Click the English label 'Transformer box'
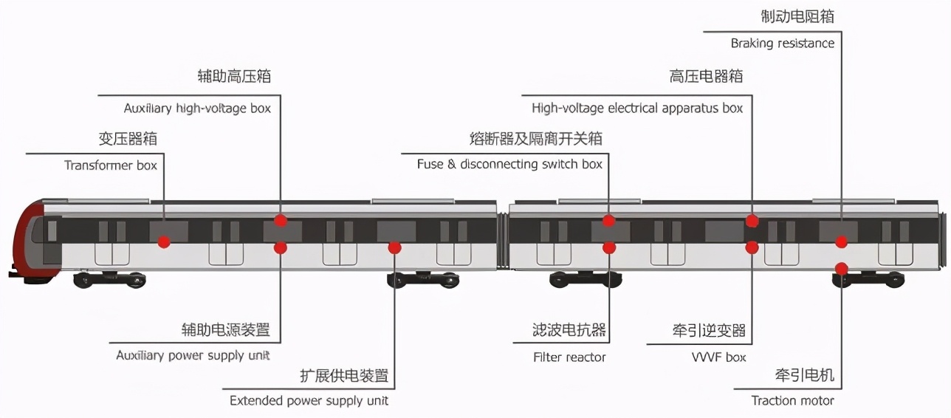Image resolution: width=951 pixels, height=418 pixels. pos(111,165)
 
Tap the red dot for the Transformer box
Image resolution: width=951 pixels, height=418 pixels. pos(164,241)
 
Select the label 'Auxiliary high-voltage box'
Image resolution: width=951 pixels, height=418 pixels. pos(197,108)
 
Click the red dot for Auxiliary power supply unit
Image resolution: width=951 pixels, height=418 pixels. pos(281,247)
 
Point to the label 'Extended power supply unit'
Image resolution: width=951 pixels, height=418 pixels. pos(309,400)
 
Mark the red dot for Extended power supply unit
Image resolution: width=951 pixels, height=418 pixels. pos(395,247)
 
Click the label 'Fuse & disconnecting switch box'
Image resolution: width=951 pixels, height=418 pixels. pos(509,164)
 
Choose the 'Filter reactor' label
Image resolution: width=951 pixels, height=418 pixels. pos(569,357)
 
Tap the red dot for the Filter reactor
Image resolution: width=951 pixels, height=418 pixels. pos(609,247)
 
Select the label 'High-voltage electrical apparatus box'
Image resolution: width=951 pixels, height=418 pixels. pos(637,108)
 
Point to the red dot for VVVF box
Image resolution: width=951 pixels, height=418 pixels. pos(752,247)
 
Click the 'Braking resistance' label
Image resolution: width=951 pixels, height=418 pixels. pos(783,43)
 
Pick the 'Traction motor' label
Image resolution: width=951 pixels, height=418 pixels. pos(792,400)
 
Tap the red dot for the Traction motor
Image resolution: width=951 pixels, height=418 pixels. pos(842,268)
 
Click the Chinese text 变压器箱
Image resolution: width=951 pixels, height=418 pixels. pos(128,139)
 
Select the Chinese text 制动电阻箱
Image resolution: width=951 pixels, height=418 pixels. pos(797,16)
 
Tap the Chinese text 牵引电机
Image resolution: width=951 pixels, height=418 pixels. pos(805,375)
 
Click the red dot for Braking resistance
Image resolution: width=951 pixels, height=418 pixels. pos(842,241)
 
